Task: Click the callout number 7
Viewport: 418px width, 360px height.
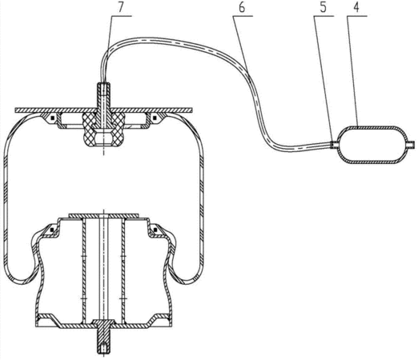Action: tap(121, 7)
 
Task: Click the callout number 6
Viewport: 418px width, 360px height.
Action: tap(242, 7)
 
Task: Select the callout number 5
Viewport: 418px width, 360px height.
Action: tap(323, 7)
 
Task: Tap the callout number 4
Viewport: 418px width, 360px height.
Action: tap(356, 7)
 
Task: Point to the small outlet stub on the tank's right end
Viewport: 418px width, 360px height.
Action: tap(412, 145)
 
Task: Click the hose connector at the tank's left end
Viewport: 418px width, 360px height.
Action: tap(334, 144)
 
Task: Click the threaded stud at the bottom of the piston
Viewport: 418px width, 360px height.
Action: tap(103, 338)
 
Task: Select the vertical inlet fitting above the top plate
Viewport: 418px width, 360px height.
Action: tap(104, 96)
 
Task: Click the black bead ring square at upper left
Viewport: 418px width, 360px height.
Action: tap(53, 118)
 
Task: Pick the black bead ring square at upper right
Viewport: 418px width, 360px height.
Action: tap(154, 118)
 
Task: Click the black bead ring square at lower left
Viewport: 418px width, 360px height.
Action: tap(52, 230)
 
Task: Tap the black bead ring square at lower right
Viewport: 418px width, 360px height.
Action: tap(155, 230)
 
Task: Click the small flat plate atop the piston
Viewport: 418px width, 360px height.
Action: tap(104, 215)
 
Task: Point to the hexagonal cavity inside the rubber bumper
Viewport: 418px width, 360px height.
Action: tap(103, 137)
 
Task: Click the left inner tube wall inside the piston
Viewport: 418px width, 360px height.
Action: tap(84, 270)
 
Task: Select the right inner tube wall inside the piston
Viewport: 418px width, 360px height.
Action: tap(123, 270)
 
